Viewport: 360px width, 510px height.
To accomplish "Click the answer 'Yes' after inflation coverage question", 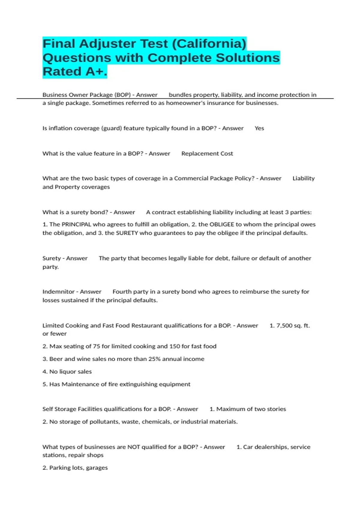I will pos(259,128).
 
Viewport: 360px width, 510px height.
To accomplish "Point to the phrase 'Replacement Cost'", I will pos(207,154).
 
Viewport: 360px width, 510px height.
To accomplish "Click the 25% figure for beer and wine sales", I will pos(154,359).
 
